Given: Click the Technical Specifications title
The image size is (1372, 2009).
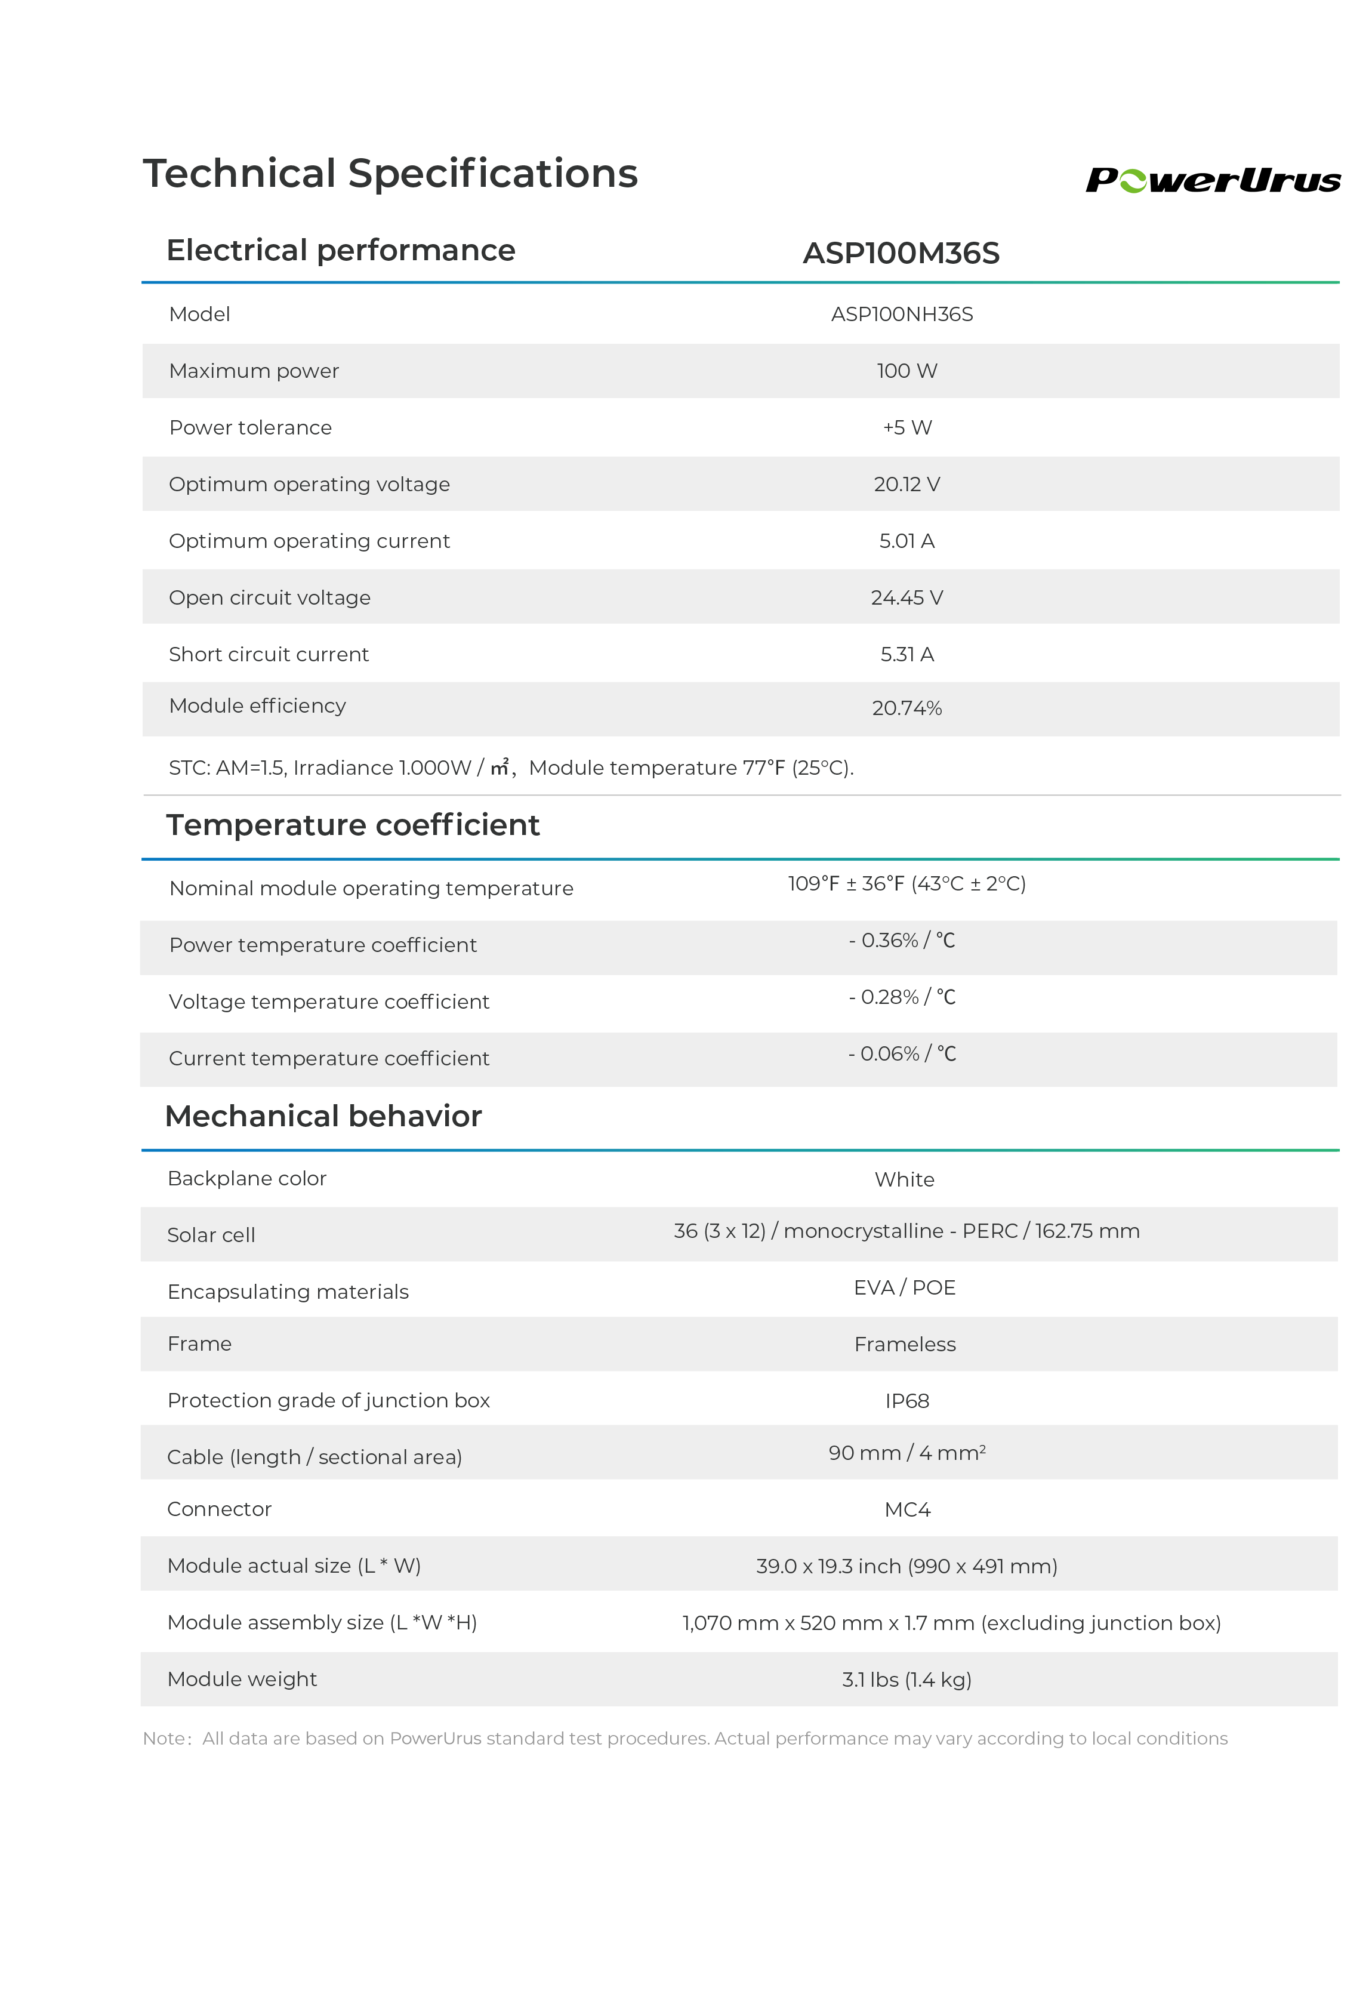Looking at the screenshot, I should point(390,173).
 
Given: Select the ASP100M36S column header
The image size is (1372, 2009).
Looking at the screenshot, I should point(901,253).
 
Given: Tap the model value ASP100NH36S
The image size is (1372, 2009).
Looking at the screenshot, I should point(902,315).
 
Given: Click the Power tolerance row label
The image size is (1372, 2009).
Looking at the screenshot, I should point(250,428).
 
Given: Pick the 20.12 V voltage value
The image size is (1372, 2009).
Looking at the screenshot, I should point(906,484).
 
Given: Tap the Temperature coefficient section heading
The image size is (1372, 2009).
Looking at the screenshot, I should point(353,825).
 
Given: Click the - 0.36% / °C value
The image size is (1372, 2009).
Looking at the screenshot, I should point(902,941).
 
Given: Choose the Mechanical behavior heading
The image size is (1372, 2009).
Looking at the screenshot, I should point(323,1116).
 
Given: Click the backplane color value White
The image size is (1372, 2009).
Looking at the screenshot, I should point(904,1180).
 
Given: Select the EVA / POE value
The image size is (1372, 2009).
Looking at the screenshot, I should point(904,1288).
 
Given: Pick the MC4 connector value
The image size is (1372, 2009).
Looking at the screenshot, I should point(907,1510).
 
